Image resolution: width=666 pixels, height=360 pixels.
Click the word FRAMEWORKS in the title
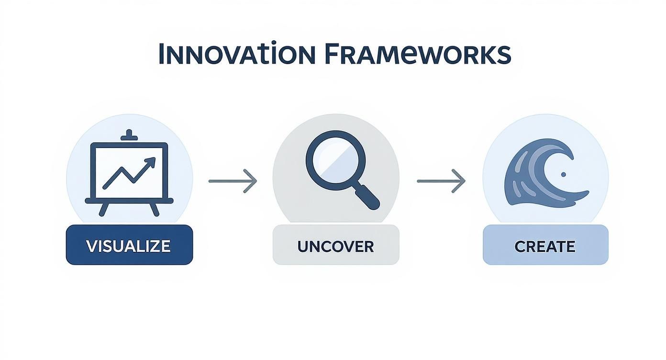(417, 54)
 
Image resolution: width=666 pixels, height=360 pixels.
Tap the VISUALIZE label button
(129, 245)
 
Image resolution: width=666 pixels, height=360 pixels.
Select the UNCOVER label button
(336, 246)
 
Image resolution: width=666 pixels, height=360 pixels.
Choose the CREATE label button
(545, 246)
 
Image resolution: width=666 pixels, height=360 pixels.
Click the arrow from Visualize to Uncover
(233, 181)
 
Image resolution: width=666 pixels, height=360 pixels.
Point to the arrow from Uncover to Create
(441, 181)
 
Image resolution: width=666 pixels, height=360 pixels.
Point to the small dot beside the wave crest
(563, 174)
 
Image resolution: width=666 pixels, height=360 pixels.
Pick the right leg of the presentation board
(154, 209)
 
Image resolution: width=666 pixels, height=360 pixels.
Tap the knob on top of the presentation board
(129, 135)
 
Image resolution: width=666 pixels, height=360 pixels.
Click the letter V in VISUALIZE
(91, 246)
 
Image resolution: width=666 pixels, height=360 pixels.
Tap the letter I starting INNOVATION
(161, 55)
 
